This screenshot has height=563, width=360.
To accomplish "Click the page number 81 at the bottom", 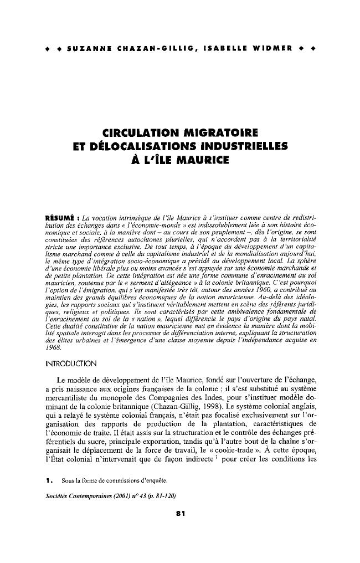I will pos(179,514).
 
